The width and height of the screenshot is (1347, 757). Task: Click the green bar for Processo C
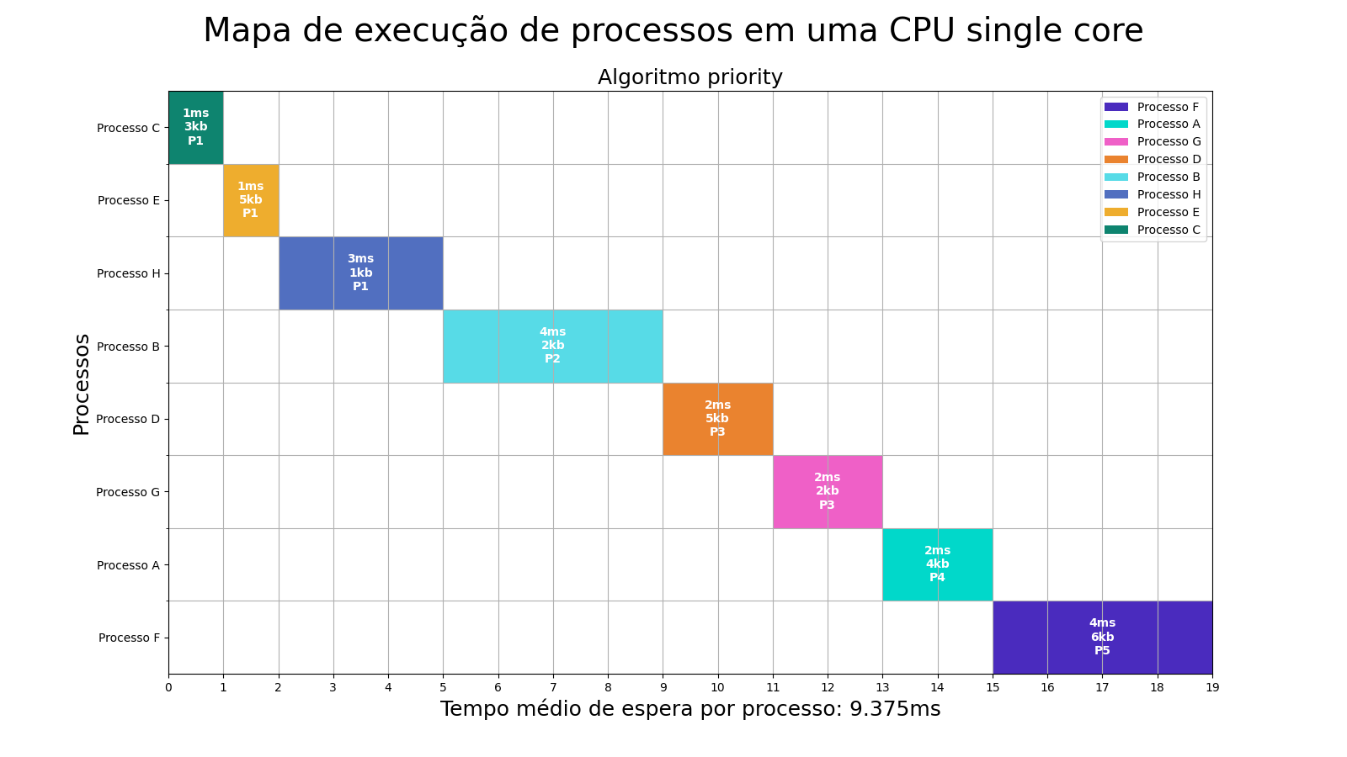click(195, 127)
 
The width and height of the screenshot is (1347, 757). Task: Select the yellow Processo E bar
click(250, 200)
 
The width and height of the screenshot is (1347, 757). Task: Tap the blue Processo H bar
click(360, 273)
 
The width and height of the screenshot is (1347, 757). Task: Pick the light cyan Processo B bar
click(552, 346)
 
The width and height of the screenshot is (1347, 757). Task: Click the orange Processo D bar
click(717, 418)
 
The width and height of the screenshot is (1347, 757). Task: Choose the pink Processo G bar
click(827, 491)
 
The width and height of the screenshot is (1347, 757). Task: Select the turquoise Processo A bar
click(937, 564)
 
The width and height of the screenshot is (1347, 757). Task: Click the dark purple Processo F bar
click(1102, 637)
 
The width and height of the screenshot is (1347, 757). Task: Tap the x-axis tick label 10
click(717, 687)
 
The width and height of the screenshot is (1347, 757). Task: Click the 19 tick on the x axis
click(1211, 687)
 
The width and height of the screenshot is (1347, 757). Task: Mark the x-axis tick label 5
click(443, 687)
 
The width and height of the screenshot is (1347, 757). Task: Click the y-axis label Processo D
click(128, 419)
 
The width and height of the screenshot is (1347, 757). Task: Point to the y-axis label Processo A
click(128, 565)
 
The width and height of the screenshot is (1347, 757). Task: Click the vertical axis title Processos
click(82, 384)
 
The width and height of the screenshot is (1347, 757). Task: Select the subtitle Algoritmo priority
click(689, 77)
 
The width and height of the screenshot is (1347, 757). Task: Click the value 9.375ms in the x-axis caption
click(894, 709)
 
